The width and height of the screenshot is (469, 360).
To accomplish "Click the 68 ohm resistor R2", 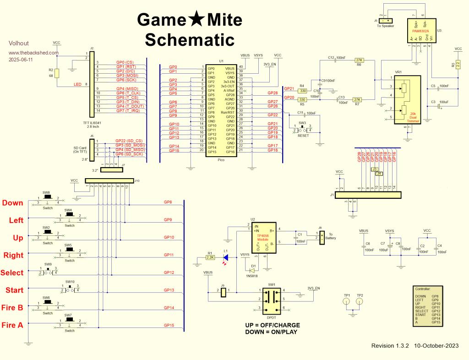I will tap(57, 74).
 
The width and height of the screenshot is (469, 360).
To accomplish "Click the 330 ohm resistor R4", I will tap(302, 91).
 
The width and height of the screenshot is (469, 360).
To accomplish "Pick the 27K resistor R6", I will tap(359, 60).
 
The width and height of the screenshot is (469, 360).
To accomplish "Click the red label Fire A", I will tap(13, 325).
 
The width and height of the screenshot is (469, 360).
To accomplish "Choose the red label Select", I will tap(12, 273).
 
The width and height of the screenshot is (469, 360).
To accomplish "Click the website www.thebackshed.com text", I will tap(33, 52).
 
